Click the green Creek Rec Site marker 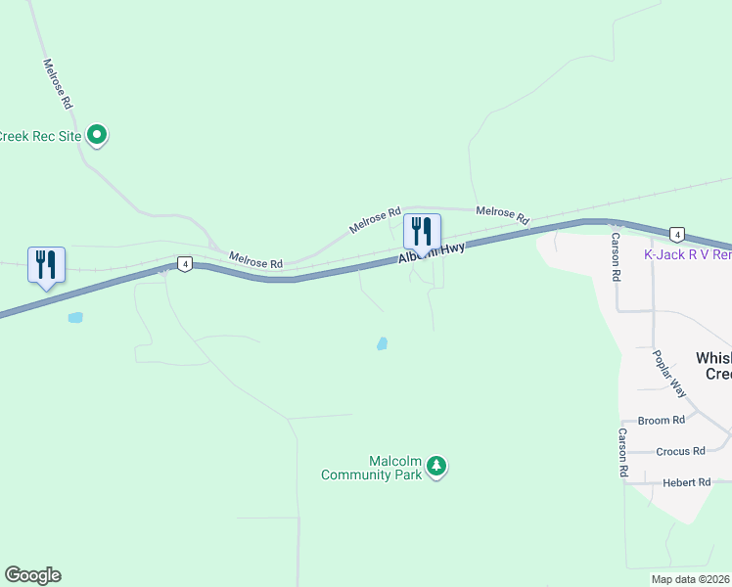(97, 135)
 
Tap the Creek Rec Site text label (41, 136)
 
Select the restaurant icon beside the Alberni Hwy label (422, 232)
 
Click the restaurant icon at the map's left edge (46, 265)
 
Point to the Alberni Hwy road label (431, 251)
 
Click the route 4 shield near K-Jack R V (676, 234)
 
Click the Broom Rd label (662, 421)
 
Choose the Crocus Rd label (681, 451)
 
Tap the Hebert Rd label (686, 482)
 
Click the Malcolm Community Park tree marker (436, 468)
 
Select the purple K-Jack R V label (687, 254)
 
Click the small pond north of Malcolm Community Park (382, 343)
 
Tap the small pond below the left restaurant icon (74, 317)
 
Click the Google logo (32, 575)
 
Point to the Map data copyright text (691, 579)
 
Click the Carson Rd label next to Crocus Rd (622, 452)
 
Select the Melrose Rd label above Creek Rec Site (59, 83)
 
